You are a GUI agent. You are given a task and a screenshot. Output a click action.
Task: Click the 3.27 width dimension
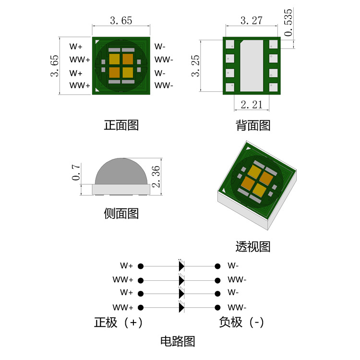(x=251, y=21)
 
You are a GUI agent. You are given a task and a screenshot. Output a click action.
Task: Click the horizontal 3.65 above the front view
(x=121, y=21)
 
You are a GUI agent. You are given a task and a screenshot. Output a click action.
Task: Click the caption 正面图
(x=121, y=125)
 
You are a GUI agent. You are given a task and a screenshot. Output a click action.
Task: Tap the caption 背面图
(x=253, y=125)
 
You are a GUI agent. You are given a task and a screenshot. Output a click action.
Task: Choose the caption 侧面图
(x=121, y=213)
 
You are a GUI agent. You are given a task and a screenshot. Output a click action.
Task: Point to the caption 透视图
(x=253, y=247)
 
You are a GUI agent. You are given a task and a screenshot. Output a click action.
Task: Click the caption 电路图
(x=178, y=342)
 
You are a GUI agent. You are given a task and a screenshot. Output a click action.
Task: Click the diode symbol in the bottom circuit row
(x=181, y=307)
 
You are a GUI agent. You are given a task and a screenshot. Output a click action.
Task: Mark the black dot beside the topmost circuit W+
(x=141, y=266)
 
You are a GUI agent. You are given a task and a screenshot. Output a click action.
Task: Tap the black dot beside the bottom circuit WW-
(x=218, y=307)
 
